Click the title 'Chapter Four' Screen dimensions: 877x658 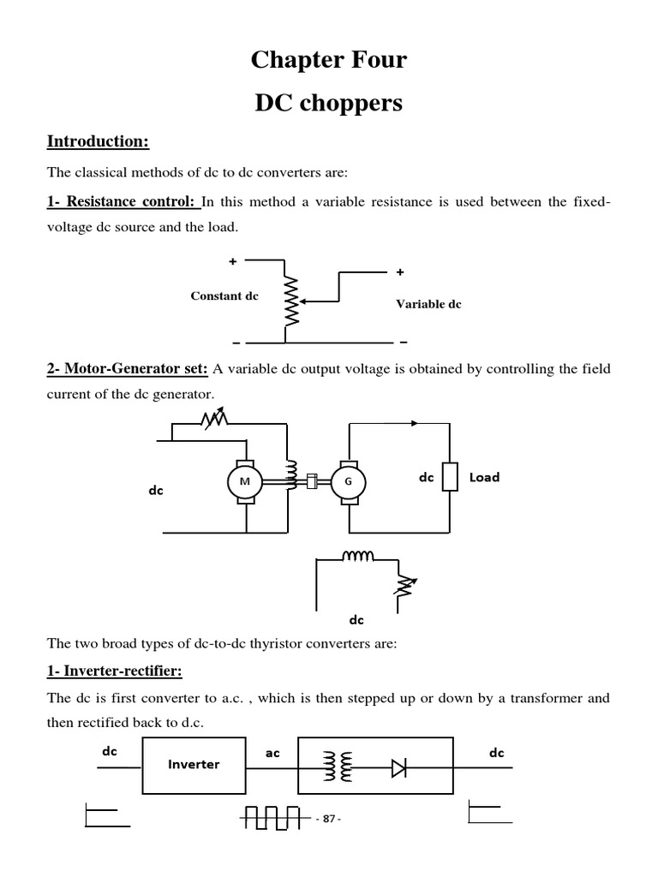point(328,61)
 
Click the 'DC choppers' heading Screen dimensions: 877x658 point(328,104)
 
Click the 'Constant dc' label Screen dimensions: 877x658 point(224,296)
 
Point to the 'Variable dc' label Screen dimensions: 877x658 point(428,304)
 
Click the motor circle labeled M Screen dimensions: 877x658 point(245,481)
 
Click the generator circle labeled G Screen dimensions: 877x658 point(348,481)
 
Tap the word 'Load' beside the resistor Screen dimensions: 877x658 point(484,477)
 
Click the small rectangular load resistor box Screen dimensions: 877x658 point(449,478)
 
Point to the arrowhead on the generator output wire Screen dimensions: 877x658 point(416,423)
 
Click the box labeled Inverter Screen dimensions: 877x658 point(194,764)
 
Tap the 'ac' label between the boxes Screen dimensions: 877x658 point(272,754)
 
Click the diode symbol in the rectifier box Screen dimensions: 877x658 point(399,768)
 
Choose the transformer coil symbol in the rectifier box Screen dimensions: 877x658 point(338,767)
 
